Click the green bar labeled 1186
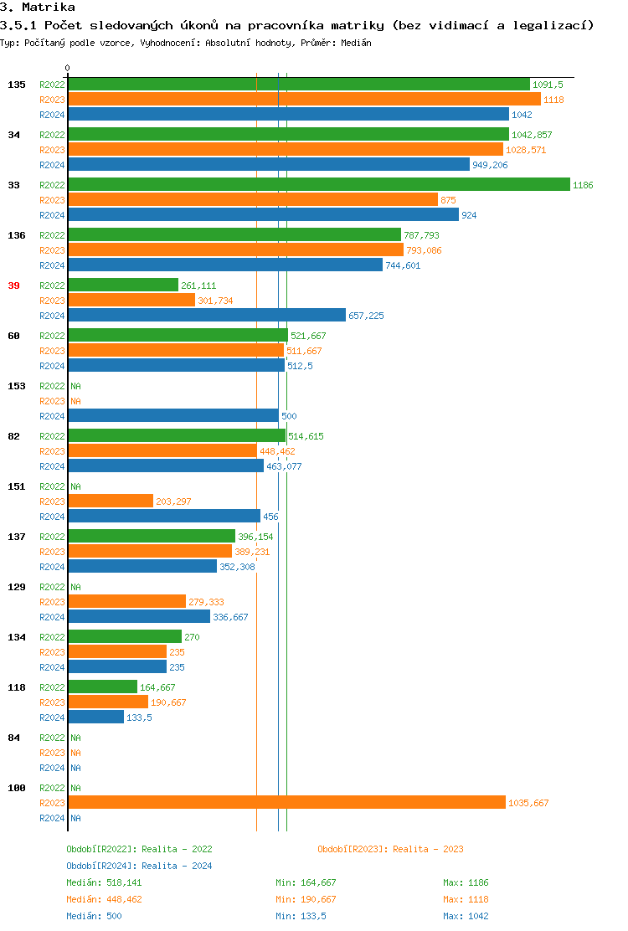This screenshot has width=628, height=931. (318, 185)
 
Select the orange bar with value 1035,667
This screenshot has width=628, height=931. (286, 803)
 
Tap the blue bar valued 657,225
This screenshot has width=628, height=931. (206, 316)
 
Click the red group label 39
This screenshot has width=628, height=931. (13, 285)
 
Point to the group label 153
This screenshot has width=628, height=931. (16, 386)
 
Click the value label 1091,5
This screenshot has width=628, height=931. (548, 85)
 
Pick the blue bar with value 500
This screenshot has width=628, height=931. (172, 416)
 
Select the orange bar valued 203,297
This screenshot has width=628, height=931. (111, 502)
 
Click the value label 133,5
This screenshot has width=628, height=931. (139, 718)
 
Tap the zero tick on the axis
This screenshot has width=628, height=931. (68, 68)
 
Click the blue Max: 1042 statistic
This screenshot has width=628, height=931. (466, 916)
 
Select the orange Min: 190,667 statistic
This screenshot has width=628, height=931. (306, 899)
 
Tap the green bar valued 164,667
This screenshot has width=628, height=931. (102, 687)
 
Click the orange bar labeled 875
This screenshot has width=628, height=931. (253, 200)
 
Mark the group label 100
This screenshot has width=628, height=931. (16, 788)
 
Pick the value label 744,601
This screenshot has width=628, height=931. (403, 265)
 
